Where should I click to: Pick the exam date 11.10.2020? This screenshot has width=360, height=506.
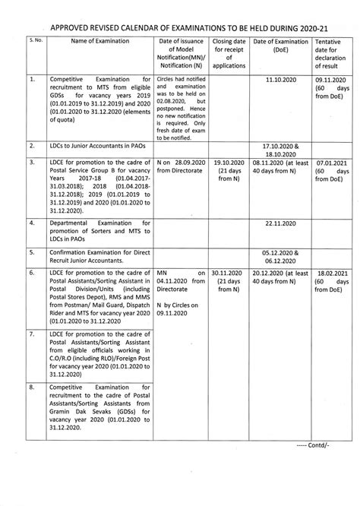pyautogui.click(x=281, y=78)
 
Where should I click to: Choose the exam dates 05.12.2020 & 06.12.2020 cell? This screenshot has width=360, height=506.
pyautogui.click(x=281, y=256)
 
